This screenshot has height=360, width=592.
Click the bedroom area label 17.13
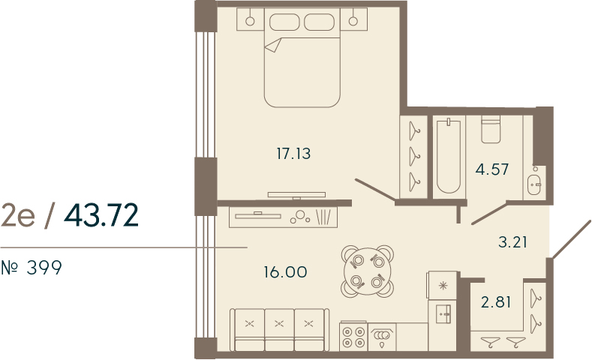[293, 154]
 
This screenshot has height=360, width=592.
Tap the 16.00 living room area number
[285, 271]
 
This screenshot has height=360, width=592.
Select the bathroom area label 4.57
[492, 169]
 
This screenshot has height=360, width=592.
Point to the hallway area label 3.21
[512, 242]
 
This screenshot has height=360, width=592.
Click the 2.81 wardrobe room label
[496, 302]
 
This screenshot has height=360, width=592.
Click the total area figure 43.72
[101, 215]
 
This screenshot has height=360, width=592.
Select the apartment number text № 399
[32, 268]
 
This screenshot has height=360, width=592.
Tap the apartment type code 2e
[18, 215]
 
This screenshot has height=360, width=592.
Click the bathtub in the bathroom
[449, 157]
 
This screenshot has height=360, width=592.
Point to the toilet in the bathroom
[491, 130]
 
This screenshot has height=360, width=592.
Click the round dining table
[368, 271]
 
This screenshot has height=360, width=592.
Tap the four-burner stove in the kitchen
[353, 336]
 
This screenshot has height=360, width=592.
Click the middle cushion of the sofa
[279, 330]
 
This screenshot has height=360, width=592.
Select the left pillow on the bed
[284, 22]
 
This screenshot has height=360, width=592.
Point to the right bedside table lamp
[353, 21]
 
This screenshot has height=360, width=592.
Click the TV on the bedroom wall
[297, 195]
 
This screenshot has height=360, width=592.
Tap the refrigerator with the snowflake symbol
[442, 285]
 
